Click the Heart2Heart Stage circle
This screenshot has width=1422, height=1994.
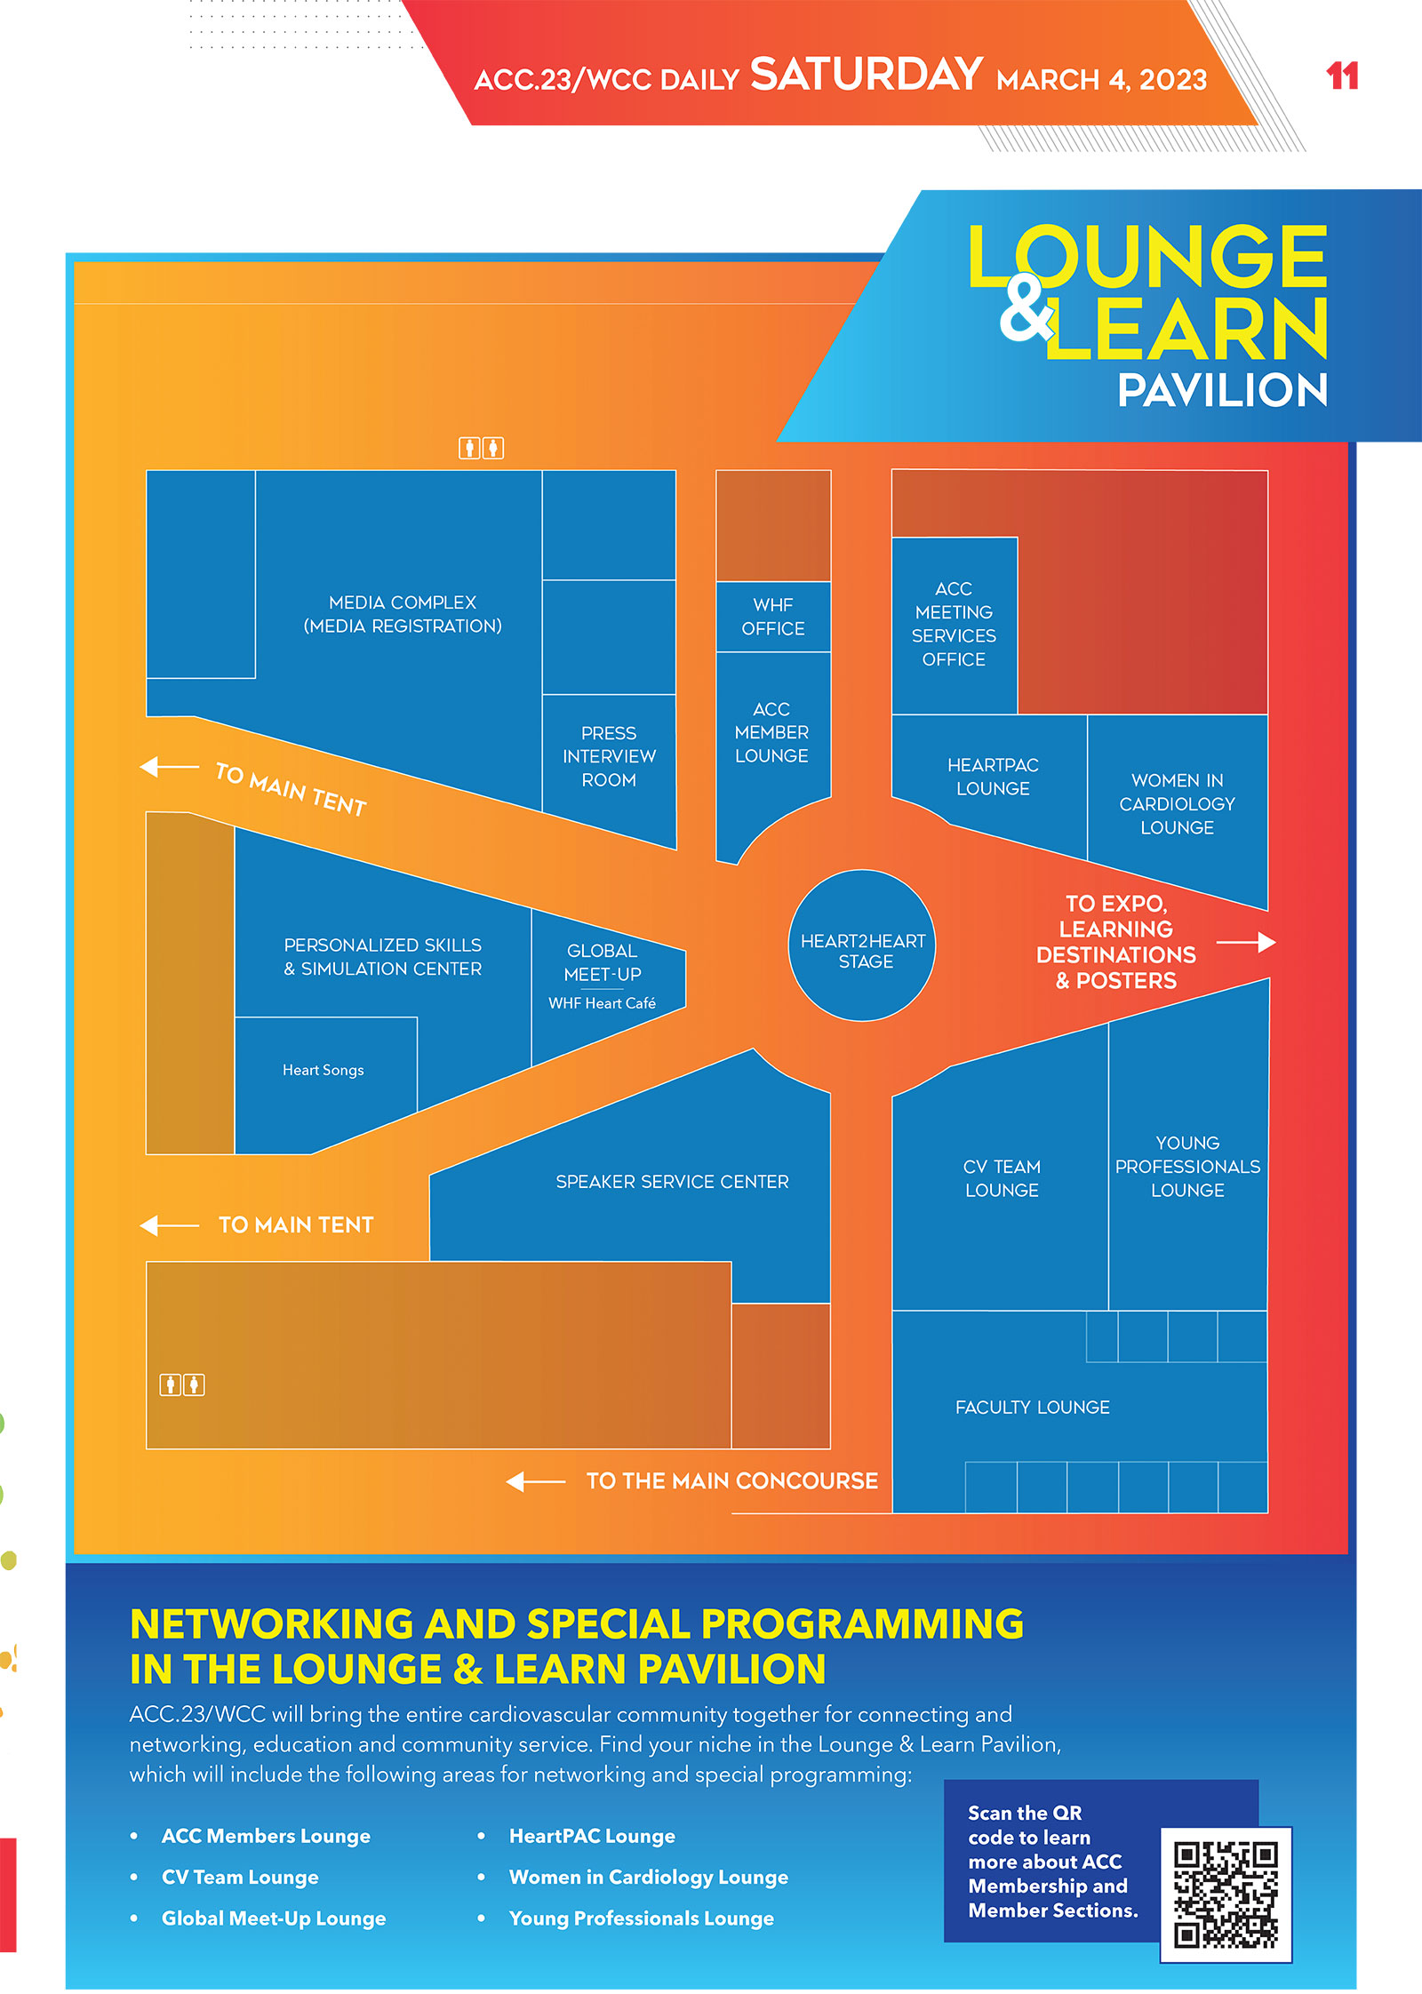[862, 947]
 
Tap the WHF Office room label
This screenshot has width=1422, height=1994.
[773, 617]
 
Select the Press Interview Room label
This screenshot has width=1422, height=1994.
[609, 756]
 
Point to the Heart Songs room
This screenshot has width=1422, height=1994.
[324, 1071]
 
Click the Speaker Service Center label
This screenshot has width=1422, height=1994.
[672, 1182]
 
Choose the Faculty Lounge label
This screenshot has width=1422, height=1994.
[1032, 1408]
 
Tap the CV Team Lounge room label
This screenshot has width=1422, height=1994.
[1002, 1178]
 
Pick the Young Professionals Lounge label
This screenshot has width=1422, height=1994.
[1187, 1167]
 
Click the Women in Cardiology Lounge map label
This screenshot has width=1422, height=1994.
[1177, 804]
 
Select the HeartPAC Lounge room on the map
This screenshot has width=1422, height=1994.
[993, 777]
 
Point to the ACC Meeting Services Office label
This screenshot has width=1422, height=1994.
[954, 624]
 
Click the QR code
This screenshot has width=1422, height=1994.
[1226, 1894]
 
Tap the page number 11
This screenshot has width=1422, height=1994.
[1342, 76]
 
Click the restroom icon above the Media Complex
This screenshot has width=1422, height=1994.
[481, 448]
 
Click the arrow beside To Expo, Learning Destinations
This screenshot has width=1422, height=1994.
[1247, 942]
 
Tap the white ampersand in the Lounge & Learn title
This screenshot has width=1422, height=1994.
[1026, 309]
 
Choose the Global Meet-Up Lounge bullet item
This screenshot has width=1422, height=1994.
[274, 1918]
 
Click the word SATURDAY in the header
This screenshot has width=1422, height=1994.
[867, 75]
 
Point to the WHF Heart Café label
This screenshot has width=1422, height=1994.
[602, 1003]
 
